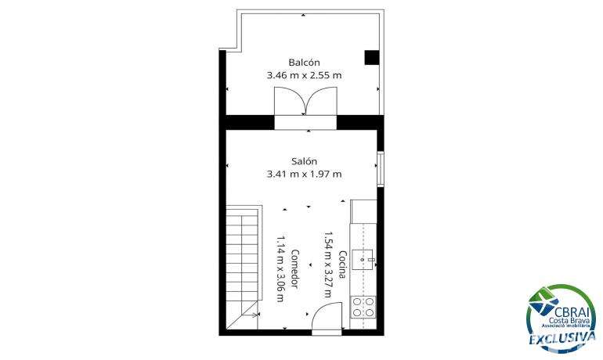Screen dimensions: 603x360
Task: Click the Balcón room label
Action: click(x=304, y=63)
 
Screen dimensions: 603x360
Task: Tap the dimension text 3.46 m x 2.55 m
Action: click(x=304, y=75)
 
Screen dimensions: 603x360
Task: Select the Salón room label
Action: click(x=304, y=161)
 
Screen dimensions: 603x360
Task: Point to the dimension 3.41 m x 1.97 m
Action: click(x=304, y=174)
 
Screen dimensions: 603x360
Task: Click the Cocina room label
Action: click(x=343, y=265)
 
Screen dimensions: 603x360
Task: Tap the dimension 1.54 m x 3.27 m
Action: click(x=327, y=265)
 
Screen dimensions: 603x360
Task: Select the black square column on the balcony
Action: click(x=372, y=57)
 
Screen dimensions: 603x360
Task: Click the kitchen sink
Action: click(x=363, y=260)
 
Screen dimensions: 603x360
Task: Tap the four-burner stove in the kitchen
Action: click(x=363, y=307)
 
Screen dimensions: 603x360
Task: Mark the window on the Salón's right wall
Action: click(x=381, y=169)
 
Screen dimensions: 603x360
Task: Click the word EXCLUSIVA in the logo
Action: click(x=561, y=338)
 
